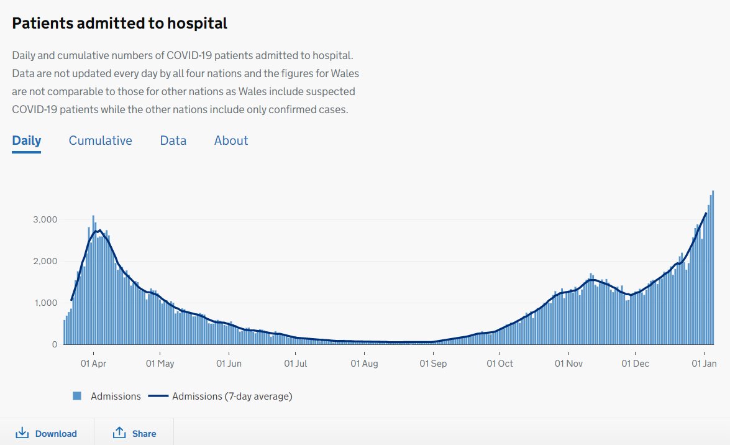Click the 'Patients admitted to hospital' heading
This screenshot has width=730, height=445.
(x=120, y=24)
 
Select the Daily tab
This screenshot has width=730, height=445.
(x=27, y=140)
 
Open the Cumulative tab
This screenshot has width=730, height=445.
(x=100, y=140)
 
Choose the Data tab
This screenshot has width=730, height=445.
(x=173, y=140)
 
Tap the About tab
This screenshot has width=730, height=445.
(x=231, y=140)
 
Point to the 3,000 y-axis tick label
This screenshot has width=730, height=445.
(x=45, y=220)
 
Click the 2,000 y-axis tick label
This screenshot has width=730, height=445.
(x=45, y=261)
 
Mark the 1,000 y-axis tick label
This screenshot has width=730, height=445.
(x=45, y=303)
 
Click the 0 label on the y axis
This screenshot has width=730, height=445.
(x=55, y=344)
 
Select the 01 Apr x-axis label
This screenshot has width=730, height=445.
(x=93, y=364)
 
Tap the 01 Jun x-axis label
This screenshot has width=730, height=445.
(x=229, y=364)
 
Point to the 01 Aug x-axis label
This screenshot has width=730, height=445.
(x=364, y=364)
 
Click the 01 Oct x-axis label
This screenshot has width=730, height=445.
(x=500, y=364)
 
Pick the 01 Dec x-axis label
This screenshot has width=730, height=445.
(x=635, y=364)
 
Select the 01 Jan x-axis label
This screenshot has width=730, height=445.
(x=704, y=364)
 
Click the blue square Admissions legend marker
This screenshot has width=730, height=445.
(x=77, y=396)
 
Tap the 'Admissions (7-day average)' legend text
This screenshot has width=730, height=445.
(x=232, y=396)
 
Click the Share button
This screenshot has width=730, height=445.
(x=134, y=434)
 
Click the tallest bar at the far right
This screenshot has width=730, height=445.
(x=713, y=267)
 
